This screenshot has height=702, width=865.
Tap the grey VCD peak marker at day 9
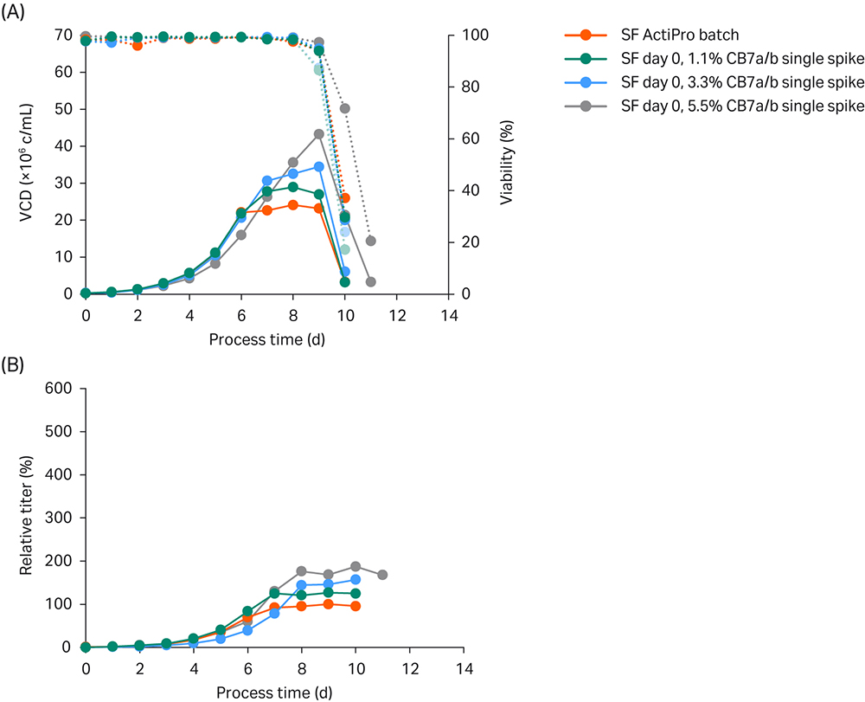pyautogui.click(x=318, y=134)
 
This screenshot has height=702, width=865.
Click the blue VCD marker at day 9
pyautogui.click(x=318, y=166)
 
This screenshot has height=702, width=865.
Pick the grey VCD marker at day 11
pyautogui.click(x=370, y=282)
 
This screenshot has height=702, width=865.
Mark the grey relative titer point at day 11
pyautogui.click(x=382, y=575)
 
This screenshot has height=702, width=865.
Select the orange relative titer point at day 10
pyautogui.click(x=356, y=606)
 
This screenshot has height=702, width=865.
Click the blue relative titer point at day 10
pyautogui.click(x=356, y=579)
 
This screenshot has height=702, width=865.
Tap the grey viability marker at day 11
pyautogui.click(x=370, y=241)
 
